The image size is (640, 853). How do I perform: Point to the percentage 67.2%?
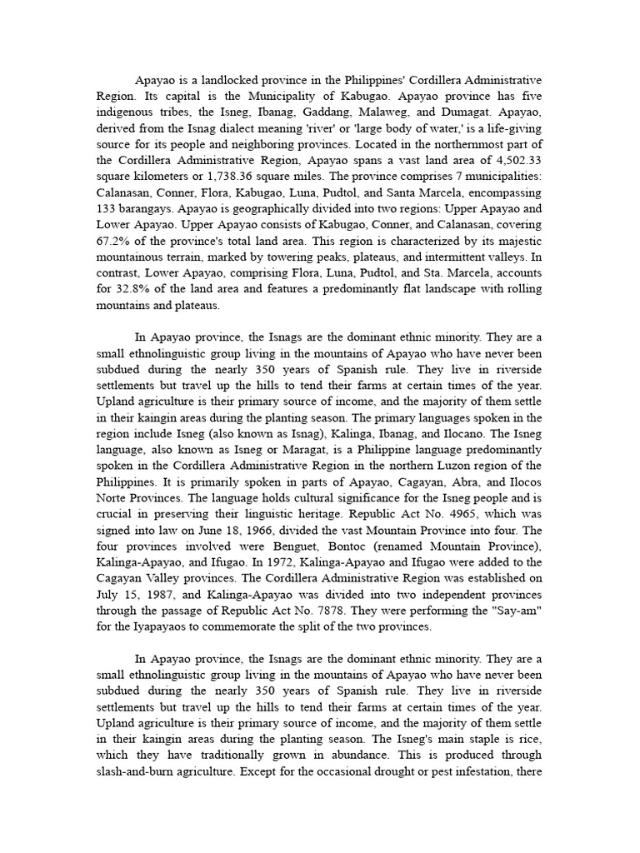111,241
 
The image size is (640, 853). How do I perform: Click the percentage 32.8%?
132,289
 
